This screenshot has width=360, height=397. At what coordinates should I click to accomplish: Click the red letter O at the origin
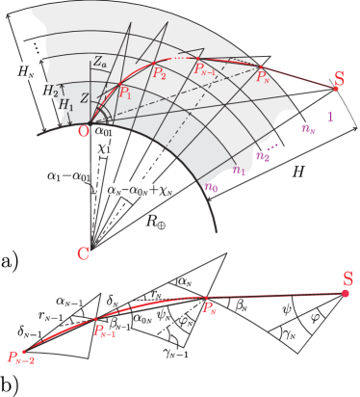coord(83,130)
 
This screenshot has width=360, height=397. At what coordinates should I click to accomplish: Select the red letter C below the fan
coord(85,253)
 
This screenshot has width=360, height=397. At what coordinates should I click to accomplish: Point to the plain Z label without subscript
coord(84,98)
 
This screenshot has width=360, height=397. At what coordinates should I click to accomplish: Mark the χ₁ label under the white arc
coord(103,150)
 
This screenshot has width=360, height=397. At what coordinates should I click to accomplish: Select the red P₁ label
coord(125,93)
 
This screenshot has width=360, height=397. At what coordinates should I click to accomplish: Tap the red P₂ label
coord(159,73)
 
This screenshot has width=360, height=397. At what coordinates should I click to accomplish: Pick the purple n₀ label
coord(211,187)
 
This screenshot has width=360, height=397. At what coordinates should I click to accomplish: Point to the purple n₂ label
coord(263,154)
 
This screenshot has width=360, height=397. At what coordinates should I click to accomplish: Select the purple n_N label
coord(307,128)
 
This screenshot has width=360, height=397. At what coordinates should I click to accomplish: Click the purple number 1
coord(330,117)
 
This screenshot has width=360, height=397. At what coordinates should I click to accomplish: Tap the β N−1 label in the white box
coord(119,327)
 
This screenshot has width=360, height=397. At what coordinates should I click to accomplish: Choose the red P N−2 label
coord(21,357)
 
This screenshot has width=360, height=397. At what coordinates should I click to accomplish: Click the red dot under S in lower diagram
coord(346,293)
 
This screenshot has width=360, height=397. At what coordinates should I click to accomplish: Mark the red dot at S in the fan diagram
coord(336,89)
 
